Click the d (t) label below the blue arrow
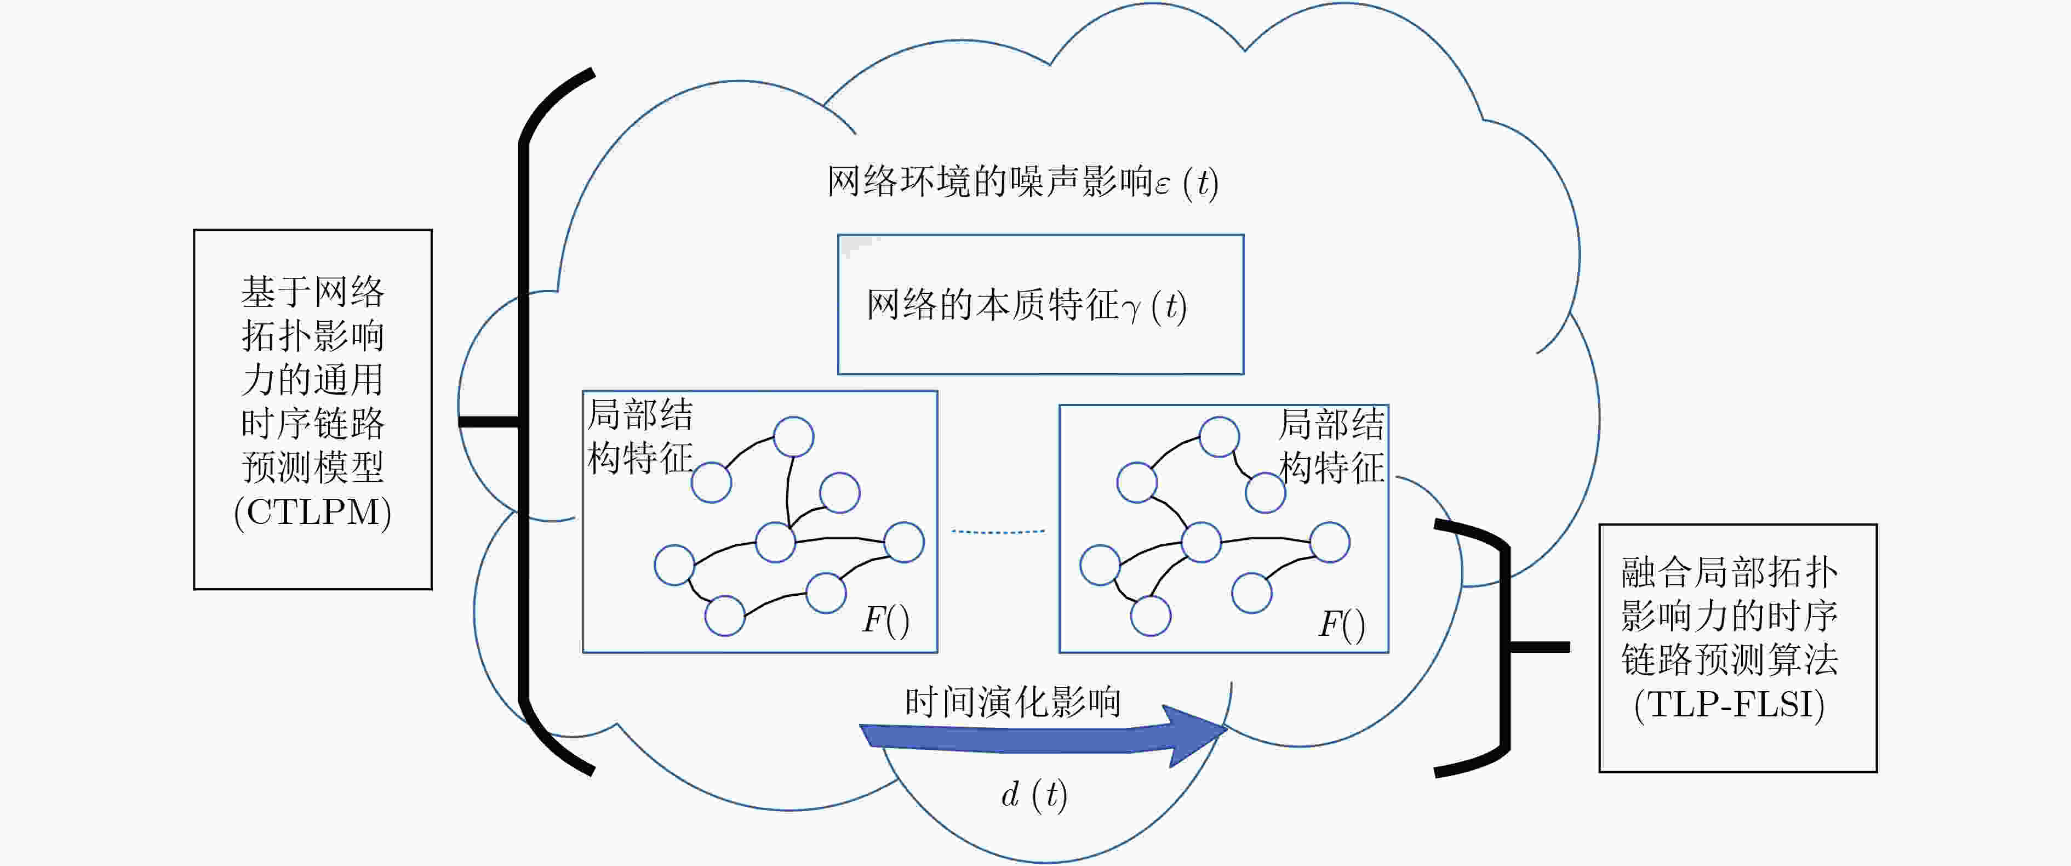[x=1034, y=794]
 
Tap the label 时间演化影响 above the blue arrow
[x=1013, y=702]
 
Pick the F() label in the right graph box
[x=1342, y=625]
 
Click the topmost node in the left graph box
[x=793, y=437]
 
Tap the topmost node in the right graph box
[x=1219, y=437]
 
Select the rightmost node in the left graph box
[x=903, y=542]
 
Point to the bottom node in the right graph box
[x=1151, y=616]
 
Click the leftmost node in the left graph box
[x=674, y=565]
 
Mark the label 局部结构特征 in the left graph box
[x=640, y=437]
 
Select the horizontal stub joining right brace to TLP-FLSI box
[x=1540, y=646]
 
